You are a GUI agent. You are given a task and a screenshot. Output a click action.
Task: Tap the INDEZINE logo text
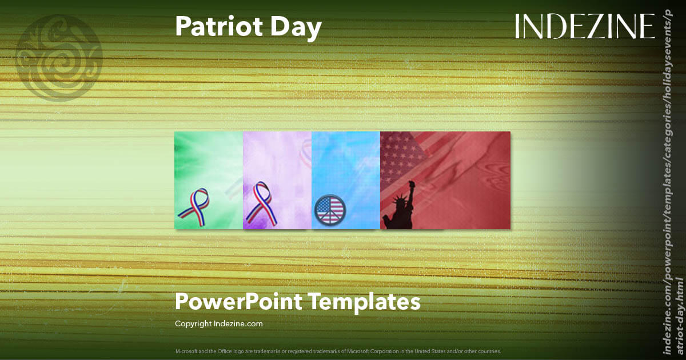[x=585, y=26]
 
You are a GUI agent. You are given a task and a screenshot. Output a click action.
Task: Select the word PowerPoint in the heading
[x=240, y=301]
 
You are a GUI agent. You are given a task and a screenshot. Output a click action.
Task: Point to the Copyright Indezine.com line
[x=218, y=323]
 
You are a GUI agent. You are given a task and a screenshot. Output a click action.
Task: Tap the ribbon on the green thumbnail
[x=194, y=206]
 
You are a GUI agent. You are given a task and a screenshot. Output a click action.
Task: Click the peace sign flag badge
[x=330, y=210]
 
